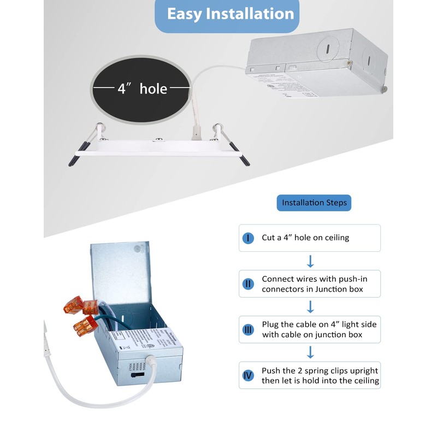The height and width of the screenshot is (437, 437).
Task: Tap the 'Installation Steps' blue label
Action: point(314,203)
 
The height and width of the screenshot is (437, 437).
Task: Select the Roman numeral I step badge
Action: point(249,238)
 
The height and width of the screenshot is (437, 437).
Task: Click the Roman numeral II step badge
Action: point(249,284)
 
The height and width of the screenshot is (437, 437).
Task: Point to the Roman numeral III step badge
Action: point(249,329)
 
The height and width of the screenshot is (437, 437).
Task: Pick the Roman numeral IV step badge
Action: point(249,375)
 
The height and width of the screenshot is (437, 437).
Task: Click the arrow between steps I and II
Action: point(310,260)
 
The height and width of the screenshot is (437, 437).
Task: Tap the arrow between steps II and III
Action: point(310,306)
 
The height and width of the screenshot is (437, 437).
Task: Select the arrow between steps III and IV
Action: point(310,352)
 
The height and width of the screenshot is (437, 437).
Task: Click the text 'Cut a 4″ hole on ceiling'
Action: point(305,238)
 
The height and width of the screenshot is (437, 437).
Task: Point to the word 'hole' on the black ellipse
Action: point(153,88)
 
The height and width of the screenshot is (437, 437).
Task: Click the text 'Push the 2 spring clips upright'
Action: point(320,370)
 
